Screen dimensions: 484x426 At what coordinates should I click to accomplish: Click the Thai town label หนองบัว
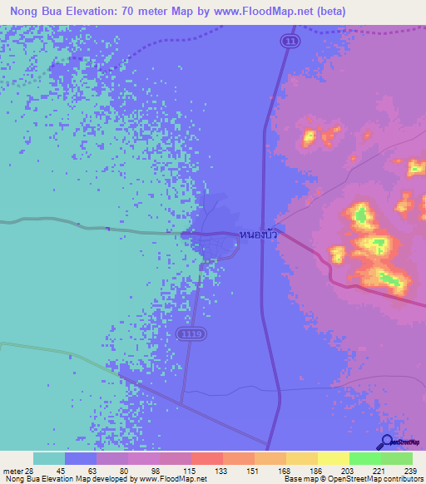[258, 235]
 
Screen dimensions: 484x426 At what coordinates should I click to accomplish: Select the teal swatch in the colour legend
[48, 458]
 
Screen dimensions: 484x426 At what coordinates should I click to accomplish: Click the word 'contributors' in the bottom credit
[399, 480]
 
